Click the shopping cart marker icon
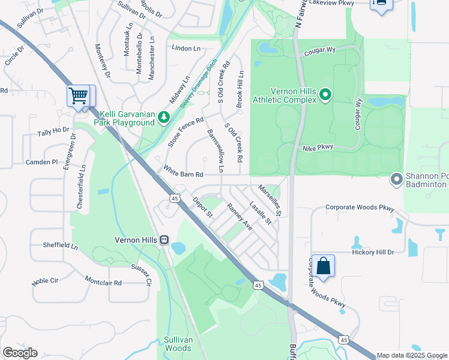point(79,96)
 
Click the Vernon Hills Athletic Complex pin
point(325,94)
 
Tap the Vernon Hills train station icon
point(164,239)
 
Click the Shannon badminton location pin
point(396,179)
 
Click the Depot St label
point(202,206)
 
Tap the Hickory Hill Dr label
point(373,253)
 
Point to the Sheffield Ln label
point(60,245)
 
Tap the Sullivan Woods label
point(178,343)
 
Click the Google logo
point(20,353)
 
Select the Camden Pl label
point(41,162)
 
